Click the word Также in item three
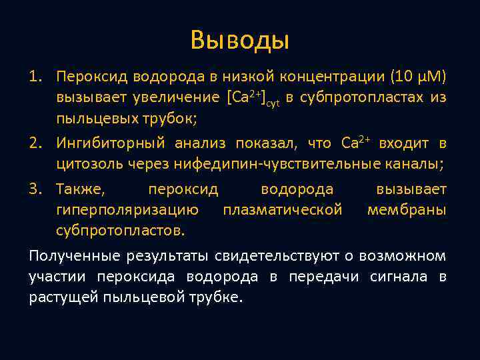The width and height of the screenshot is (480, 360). [x=80, y=189]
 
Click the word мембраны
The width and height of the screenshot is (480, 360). [x=407, y=211]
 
